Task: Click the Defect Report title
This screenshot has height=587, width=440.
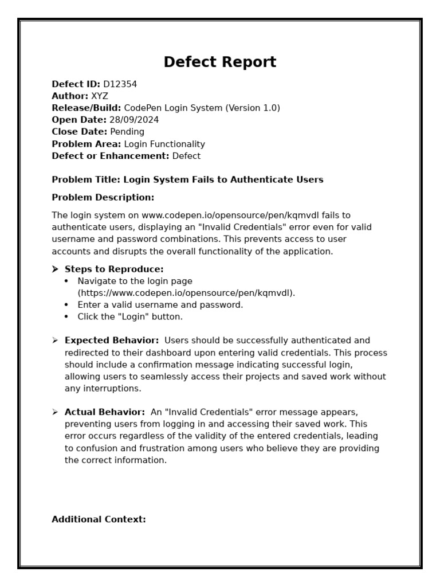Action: click(x=220, y=62)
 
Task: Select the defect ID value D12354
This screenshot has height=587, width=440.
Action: click(x=120, y=84)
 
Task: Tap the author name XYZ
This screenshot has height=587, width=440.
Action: click(x=99, y=96)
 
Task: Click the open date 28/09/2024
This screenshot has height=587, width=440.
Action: click(x=134, y=120)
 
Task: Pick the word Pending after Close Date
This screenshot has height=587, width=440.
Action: click(x=127, y=132)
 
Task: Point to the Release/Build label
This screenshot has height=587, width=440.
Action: click(x=86, y=108)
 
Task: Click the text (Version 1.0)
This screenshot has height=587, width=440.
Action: click(x=253, y=108)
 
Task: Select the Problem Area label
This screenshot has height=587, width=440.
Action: click(x=86, y=144)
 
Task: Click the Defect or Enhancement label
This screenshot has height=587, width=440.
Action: click(x=110, y=156)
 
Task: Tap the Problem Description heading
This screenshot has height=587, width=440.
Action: click(x=103, y=198)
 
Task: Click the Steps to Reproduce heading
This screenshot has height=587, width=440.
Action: click(x=114, y=269)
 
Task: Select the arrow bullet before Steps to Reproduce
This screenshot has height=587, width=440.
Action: click(x=55, y=269)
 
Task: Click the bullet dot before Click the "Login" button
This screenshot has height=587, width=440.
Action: click(x=66, y=317)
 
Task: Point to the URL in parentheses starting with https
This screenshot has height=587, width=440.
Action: click(x=187, y=293)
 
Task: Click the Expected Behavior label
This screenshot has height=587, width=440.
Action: click(x=112, y=341)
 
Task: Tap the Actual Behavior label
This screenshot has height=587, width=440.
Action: click(x=105, y=412)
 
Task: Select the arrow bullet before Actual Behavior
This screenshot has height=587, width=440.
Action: click(x=55, y=412)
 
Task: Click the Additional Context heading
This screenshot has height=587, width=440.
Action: click(x=99, y=519)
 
